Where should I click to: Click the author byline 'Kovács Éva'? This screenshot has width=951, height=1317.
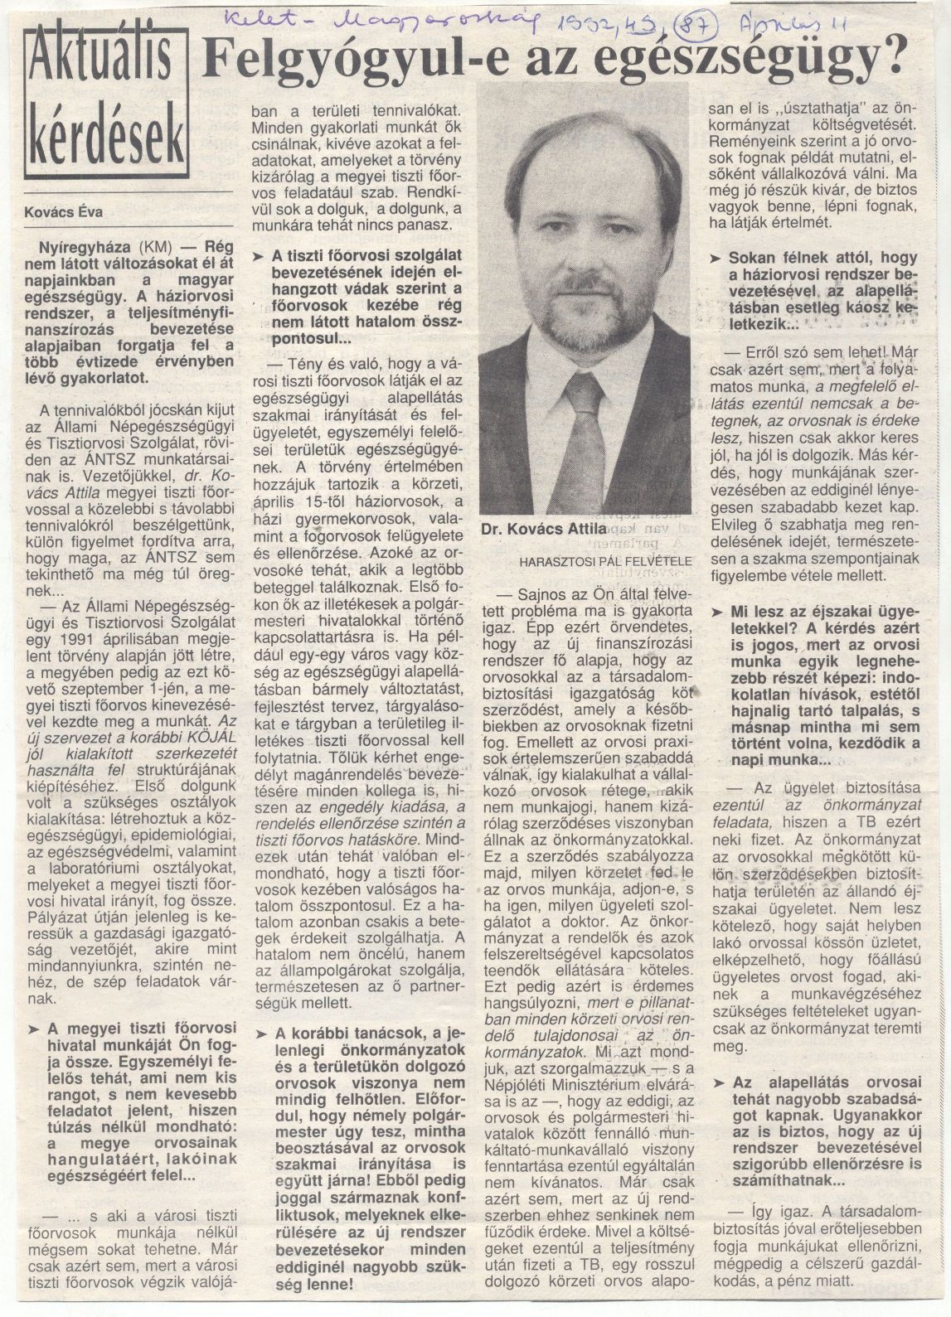63,211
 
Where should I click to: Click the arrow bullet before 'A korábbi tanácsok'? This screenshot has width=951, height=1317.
261,1033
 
